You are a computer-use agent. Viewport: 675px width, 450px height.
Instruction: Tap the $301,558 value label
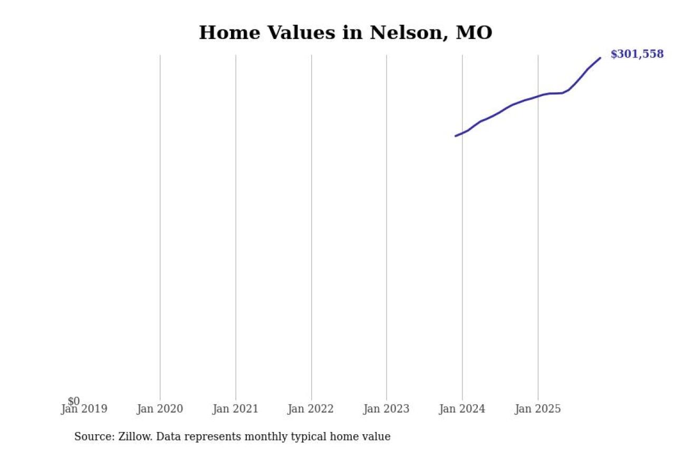click(637, 54)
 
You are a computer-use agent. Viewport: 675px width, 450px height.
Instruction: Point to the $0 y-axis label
click(74, 401)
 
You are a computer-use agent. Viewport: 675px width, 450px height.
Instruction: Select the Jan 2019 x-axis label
click(84, 409)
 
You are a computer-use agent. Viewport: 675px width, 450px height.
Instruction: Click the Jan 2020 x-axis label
click(160, 409)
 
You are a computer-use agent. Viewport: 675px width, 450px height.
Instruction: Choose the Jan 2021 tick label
click(235, 409)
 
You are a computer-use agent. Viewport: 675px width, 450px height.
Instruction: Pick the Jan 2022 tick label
click(311, 409)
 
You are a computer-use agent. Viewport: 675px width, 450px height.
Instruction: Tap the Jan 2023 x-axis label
click(386, 409)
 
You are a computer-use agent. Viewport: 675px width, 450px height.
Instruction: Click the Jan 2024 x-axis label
click(462, 409)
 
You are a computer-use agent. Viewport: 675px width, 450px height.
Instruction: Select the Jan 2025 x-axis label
click(538, 409)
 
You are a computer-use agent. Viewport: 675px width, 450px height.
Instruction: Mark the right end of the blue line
click(600, 58)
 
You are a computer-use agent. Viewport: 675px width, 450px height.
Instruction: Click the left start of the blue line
click(456, 136)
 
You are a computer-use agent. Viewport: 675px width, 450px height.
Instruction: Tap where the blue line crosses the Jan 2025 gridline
click(538, 96)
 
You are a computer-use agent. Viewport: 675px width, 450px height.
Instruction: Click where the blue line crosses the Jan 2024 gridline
click(462, 133)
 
